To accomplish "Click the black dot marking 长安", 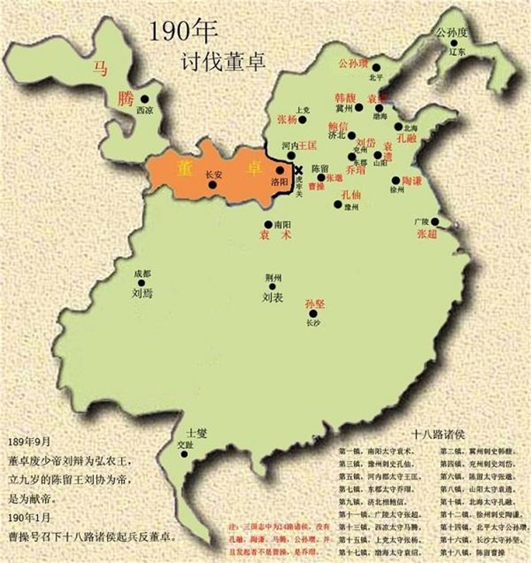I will [212, 185].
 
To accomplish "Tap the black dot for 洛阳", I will [280, 170].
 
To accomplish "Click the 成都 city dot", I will [142, 283].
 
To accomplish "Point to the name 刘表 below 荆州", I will [273, 298].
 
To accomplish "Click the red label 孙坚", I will [316, 305].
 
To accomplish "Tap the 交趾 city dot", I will [184, 454].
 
